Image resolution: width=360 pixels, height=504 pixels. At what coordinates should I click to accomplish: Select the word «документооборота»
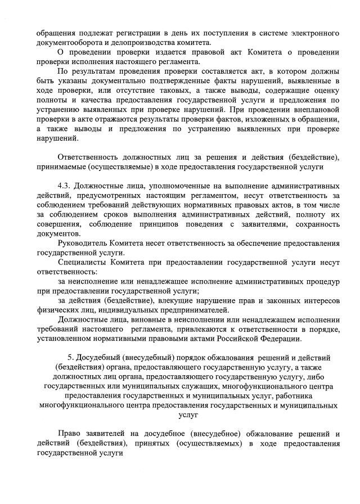61,42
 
